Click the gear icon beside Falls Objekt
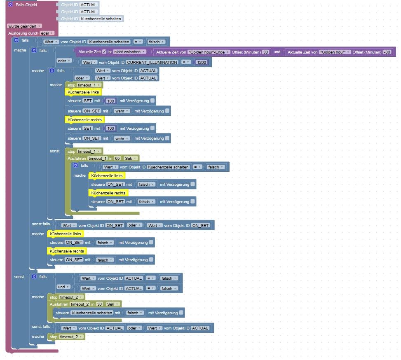[10, 5]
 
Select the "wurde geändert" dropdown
[24, 26]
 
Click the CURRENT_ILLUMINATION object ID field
[152, 62]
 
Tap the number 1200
[202, 62]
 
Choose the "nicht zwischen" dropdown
[130, 52]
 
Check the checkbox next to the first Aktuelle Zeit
[104, 52]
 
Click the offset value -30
[387, 52]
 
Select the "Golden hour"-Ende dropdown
[208, 52]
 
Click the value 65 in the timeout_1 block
[117, 158]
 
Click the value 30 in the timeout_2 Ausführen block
[99, 304]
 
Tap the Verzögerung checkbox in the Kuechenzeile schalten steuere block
[181, 313]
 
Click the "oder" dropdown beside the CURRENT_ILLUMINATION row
[64, 61]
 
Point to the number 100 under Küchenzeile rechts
[110, 128]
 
